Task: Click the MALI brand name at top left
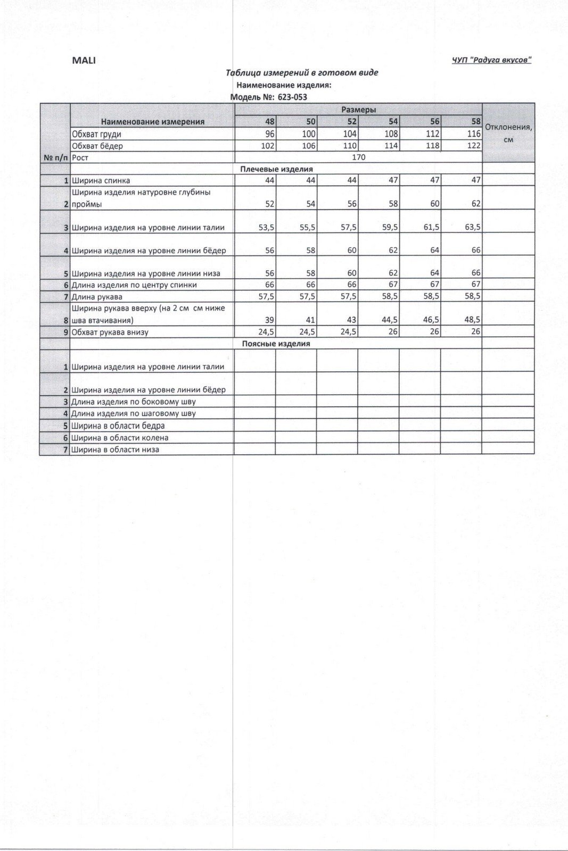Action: (84, 60)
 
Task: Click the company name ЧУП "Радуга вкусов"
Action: (491, 60)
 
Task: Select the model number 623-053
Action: (292, 97)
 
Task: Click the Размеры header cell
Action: (358, 110)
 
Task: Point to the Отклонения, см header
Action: (508, 133)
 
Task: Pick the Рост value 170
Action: (358, 157)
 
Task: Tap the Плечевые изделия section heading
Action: (276, 169)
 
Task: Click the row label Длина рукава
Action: (97, 297)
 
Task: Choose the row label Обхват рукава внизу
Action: (110, 332)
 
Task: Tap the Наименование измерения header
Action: (153, 121)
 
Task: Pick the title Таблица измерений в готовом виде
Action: (302, 73)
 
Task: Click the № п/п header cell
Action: (55, 157)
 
